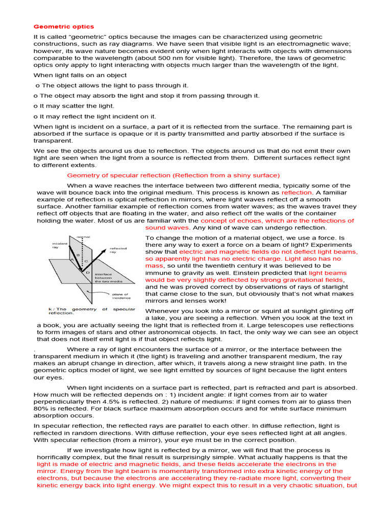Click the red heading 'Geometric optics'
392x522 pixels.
point(64,27)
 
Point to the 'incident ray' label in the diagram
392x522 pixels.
point(60,246)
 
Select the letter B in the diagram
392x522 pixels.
point(78,254)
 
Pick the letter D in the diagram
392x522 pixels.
point(88,273)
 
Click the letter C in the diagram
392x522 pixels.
point(86,261)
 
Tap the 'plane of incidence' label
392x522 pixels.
point(121,296)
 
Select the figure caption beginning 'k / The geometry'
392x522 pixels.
point(92,311)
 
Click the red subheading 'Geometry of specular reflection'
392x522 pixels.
point(174,175)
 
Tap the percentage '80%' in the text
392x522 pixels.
point(41,409)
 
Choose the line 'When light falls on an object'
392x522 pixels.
point(80,75)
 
